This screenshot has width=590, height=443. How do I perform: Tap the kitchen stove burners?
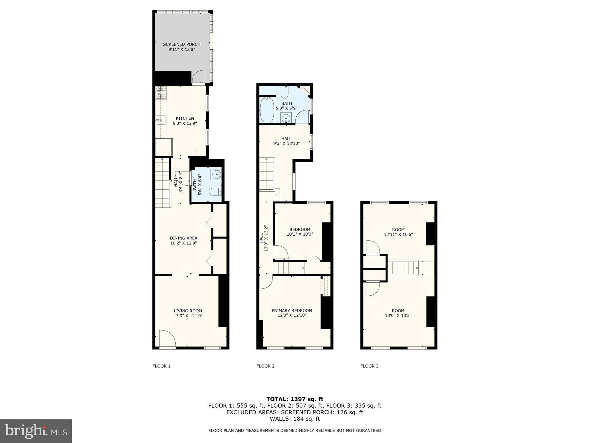[x=161, y=93]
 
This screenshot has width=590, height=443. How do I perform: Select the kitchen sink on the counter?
[x=161, y=120]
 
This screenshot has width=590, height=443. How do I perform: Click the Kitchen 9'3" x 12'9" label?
[x=185, y=121]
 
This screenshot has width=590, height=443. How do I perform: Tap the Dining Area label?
[x=184, y=241]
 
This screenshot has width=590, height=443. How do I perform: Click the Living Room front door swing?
[x=167, y=339]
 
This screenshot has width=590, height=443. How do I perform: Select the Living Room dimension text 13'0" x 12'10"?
[x=188, y=316]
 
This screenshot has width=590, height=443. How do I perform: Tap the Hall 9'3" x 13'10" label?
[x=286, y=141]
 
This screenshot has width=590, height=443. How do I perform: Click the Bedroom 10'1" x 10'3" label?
[x=300, y=232]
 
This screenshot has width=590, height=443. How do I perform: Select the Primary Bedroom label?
[x=292, y=313]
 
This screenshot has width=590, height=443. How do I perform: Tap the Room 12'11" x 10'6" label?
[x=398, y=232]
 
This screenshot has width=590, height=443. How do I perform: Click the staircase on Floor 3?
[x=403, y=267]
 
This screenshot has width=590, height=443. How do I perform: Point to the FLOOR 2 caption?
[x=265, y=366]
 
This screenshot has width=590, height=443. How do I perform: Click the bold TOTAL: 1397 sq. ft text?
[x=295, y=399]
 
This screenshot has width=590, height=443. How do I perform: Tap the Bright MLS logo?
[x=36, y=431]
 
